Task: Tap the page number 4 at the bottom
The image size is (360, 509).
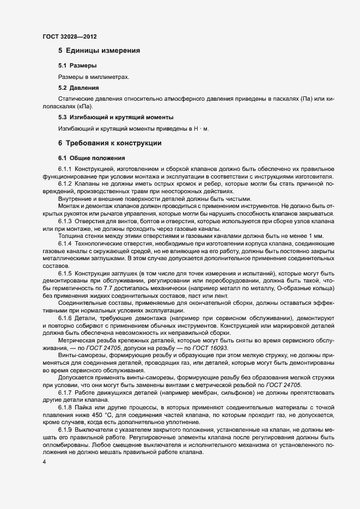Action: [x=44, y=462]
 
